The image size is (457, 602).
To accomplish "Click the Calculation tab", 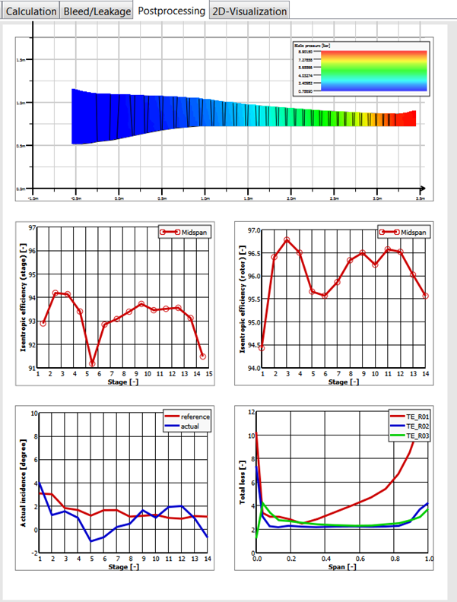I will (x=31, y=11).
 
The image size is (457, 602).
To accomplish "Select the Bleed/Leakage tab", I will (x=97, y=11).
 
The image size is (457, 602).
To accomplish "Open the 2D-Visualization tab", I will (x=249, y=11).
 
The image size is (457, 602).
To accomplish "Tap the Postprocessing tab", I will (x=171, y=11).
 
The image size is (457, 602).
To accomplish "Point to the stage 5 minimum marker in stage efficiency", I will (x=92, y=363).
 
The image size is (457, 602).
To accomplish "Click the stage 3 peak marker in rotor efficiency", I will (x=287, y=240).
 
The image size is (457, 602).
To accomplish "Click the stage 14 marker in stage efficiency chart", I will (x=203, y=356).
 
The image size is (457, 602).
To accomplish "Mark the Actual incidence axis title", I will (x=24, y=490).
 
